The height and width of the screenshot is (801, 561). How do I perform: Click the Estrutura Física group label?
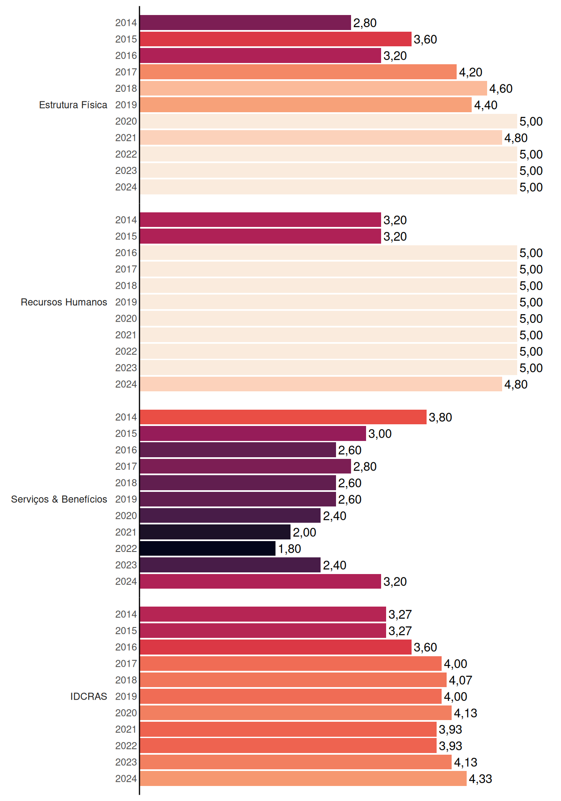click(73, 105)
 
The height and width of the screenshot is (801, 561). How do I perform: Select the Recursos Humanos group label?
click(64, 302)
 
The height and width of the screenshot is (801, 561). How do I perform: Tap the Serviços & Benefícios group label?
click(59, 499)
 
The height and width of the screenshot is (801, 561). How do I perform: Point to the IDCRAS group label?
click(88, 696)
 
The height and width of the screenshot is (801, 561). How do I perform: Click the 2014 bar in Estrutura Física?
click(245, 23)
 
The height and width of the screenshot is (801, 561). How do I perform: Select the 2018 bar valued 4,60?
click(313, 88)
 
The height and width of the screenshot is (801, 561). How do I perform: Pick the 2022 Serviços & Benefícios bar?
click(208, 549)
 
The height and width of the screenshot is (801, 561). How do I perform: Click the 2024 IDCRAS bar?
click(303, 778)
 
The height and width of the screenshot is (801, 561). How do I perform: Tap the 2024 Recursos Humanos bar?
click(321, 384)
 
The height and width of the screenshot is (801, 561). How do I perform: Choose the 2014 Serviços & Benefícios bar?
click(283, 417)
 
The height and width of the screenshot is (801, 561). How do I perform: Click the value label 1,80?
click(290, 549)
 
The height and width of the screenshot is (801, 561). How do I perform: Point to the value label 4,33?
click(480, 779)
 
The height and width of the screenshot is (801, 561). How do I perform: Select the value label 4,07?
click(460, 680)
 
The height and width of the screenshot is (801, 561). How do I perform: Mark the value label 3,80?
click(440, 417)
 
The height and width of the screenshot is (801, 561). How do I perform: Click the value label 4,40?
click(486, 105)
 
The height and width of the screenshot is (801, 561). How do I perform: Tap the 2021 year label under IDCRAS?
click(126, 729)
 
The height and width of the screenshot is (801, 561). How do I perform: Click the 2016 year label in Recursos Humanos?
click(126, 253)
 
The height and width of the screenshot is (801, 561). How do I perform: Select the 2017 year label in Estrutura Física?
click(126, 72)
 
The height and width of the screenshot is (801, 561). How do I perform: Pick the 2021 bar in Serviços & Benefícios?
click(215, 532)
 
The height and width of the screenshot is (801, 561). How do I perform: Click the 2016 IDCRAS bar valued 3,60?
click(276, 647)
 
